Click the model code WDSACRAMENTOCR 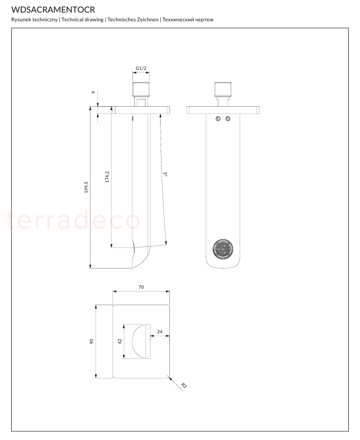[x=53, y=10]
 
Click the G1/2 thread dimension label [x=141, y=68]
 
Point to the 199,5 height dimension [x=86, y=187]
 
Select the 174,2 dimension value [x=107, y=177]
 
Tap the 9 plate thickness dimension [x=94, y=92]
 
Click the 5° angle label [x=166, y=174]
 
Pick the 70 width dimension [x=141, y=287]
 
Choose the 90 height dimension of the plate [x=92, y=341]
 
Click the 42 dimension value [x=120, y=341]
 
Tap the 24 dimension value [x=160, y=332]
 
